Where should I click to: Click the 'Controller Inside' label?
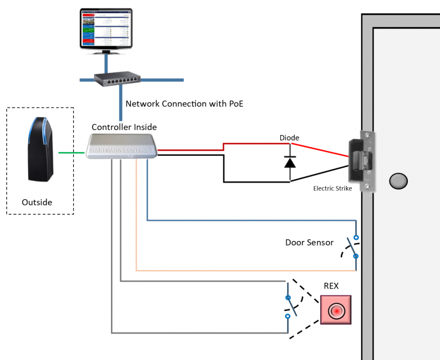pyautogui.click(x=124, y=126)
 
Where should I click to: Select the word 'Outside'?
pyautogui.click(x=37, y=202)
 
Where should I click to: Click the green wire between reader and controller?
pyautogui.click(x=73, y=152)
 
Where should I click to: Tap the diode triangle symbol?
pyautogui.click(x=290, y=162)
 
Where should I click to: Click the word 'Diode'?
pyautogui.click(x=289, y=138)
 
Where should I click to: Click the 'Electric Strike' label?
pyautogui.click(x=332, y=188)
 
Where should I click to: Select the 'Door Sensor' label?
pyautogui.click(x=309, y=242)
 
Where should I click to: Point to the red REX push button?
pyautogui.click(x=336, y=311)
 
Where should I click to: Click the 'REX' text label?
pyautogui.click(x=331, y=285)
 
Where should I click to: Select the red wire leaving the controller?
pyautogui.click(x=189, y=150)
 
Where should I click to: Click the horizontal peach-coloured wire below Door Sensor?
pyautogui.click(x=246, y=269)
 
